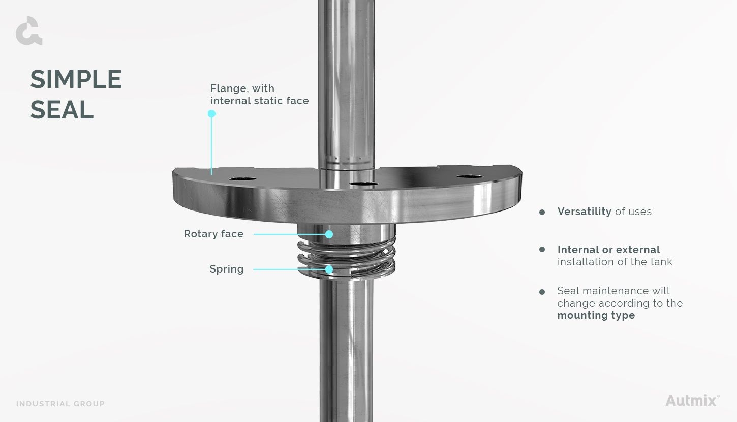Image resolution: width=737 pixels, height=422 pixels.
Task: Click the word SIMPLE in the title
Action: click(76, 80)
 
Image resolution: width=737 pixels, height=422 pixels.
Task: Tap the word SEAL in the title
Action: click(62, 110)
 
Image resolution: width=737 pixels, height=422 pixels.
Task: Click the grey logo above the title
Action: click(29, 31)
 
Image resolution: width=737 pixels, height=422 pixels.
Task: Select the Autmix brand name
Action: click(692, 400)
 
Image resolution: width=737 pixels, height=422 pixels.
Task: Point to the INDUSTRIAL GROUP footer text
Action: click(60, 404)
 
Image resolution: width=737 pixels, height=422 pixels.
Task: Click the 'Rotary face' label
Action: click(213, 234)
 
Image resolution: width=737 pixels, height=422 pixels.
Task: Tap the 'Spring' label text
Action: click(226, 269)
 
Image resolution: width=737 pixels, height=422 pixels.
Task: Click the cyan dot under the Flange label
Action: click(212, 114)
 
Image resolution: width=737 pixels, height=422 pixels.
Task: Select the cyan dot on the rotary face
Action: click(329, 234)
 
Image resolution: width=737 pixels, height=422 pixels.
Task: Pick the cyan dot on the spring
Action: click(329, 269)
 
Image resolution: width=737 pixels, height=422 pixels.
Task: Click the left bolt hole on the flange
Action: click(242, 179)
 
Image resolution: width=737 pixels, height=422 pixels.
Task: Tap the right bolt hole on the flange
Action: click(469, 176)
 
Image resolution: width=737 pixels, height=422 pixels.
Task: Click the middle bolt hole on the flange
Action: click(364, 184)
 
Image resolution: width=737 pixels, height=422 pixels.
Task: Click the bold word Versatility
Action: click(584, 212)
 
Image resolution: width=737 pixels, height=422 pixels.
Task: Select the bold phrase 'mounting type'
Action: click(596, 315)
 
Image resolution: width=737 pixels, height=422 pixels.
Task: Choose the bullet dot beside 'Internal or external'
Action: click(542, 250)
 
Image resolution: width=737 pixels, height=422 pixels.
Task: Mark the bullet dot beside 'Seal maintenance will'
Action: click(542, 292)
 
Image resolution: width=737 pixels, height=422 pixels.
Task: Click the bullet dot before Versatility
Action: click(542, 212)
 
